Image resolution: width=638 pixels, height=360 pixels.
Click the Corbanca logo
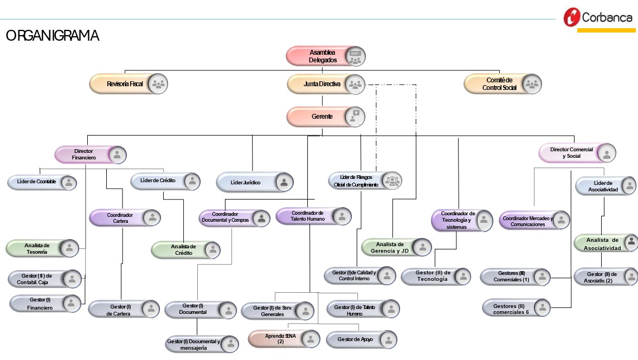598,17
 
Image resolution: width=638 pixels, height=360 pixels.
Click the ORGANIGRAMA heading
52,36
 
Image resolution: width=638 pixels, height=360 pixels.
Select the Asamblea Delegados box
326,56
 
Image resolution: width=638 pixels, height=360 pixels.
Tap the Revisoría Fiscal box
128,84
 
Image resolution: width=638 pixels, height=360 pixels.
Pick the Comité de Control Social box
502,84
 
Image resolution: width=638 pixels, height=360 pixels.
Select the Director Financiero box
91,155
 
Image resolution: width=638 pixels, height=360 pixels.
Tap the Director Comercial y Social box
577,153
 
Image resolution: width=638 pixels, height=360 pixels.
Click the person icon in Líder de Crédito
191,181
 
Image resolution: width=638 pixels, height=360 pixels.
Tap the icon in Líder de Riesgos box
391,181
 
